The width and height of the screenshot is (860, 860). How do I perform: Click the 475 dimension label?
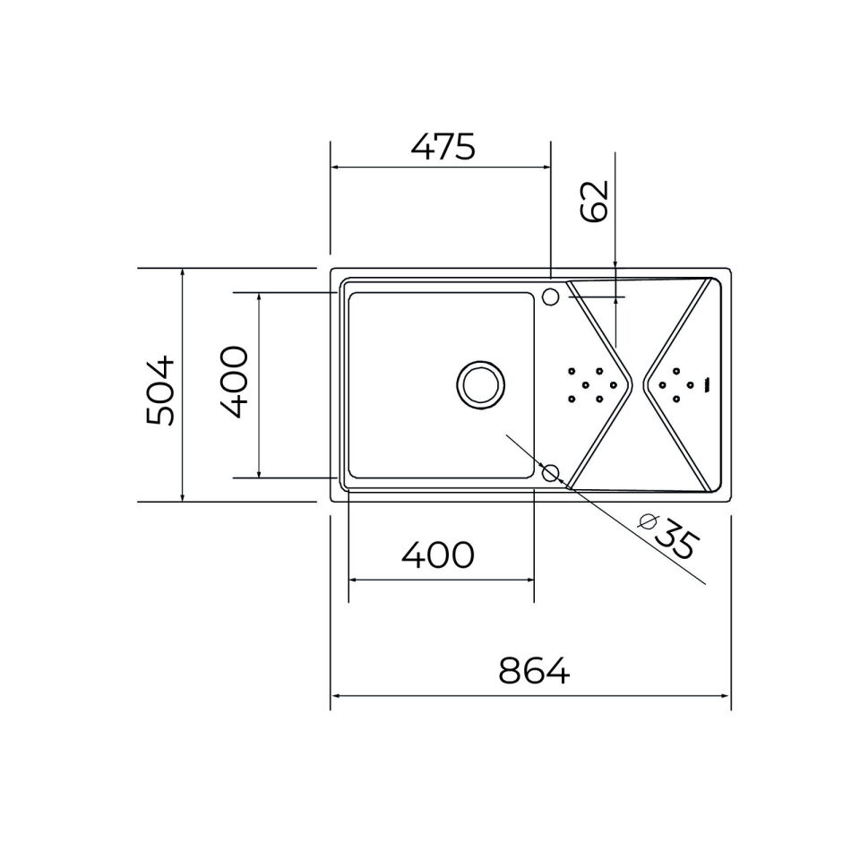coord(443,147)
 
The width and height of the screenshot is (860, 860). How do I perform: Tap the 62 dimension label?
coord(594,201)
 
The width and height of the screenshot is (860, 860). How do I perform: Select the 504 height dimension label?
coord(159,391)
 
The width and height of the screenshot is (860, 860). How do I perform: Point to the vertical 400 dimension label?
coord(234,382)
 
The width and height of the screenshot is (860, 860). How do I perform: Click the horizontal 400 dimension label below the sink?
coord(438,555)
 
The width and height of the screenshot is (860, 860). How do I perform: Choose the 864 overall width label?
coord(534,670)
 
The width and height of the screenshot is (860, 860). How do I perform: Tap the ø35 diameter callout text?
coord(668,535)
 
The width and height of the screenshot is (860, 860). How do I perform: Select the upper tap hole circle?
coord(550,297)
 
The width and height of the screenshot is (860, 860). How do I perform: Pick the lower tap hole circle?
coord(550,472)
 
